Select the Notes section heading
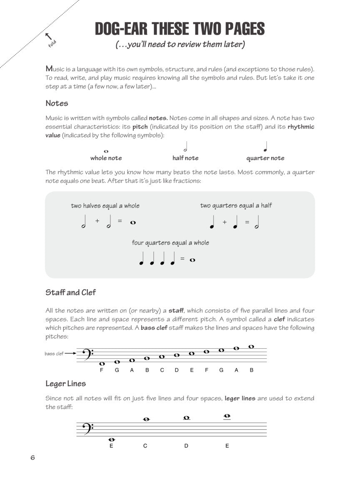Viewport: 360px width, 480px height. pos(57,103)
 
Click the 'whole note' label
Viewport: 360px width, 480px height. pos(106,158)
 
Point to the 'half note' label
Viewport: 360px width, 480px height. pos(185,158)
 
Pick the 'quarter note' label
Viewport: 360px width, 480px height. pos(265,158)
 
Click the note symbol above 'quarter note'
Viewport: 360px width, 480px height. pos(265,147)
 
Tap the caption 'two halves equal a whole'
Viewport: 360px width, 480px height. pos(105,206)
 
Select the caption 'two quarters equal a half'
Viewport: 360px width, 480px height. pos(236,205)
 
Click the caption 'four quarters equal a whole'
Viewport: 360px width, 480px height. pos(170,242)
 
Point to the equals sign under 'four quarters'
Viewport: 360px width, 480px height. pos(182,259)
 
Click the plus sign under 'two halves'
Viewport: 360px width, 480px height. pos(97,221)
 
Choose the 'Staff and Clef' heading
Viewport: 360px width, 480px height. pos(70,292)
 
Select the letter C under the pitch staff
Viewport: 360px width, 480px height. pos(162,370)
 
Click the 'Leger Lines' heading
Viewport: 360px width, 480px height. pos(65,383)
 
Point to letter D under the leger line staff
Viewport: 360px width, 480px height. pos(186,446)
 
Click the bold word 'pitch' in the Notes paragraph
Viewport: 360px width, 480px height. pos(140,127)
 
